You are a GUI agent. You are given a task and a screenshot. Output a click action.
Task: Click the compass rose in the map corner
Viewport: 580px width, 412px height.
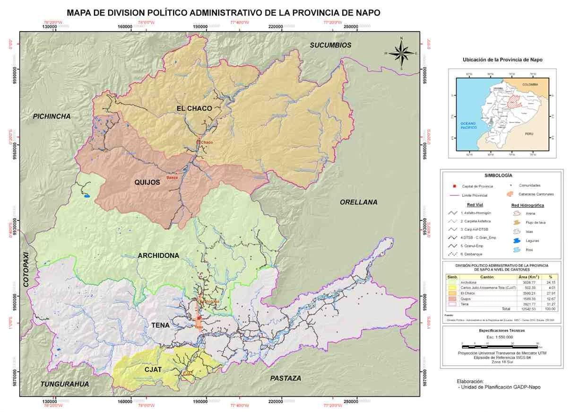click(x=401, y=53)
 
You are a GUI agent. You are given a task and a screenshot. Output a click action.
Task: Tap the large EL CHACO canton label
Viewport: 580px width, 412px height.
click(x=194, y=108)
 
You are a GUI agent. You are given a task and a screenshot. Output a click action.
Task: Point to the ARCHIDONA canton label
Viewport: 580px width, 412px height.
click(x=158, y=255)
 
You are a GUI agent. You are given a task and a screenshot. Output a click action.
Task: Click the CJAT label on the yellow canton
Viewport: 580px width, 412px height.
click(x=154, y=369)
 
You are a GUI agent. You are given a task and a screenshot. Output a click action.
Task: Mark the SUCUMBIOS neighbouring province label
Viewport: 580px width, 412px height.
click(x=331, y=45)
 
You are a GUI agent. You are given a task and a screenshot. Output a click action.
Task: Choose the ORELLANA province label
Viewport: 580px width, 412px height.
click(x=359, y=202)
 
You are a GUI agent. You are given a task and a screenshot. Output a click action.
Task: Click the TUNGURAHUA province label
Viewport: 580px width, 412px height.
click(x=64, y=384)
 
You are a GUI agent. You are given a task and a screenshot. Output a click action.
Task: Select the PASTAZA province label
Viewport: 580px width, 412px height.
click(x=286, y=378)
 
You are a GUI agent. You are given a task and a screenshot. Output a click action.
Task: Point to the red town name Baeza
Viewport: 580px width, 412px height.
click(x=172, y=177)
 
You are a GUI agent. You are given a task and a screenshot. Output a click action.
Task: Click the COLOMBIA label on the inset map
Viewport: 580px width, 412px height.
click(x=530, y=85)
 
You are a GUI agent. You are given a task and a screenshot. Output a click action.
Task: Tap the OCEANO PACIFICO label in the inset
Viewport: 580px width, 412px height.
click(x=468, y=125)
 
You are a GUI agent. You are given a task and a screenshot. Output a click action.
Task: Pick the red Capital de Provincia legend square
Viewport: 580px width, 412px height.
click(x=453, y=186)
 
